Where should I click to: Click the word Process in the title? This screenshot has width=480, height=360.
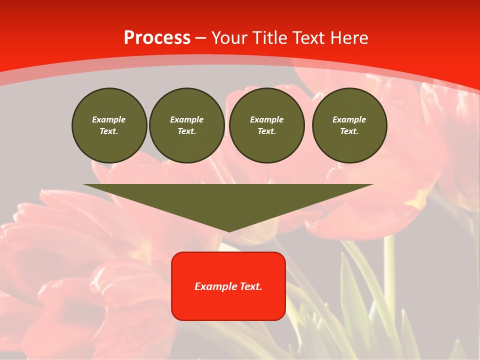pyautogui.click(x=157, y=38)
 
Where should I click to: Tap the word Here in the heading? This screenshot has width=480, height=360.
pyautogui.click(x=349, y=38)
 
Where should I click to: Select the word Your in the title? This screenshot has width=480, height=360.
pyautogui.click(x=229, y=38)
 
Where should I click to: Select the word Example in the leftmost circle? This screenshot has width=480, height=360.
pyautogui.click(x=109, y=119)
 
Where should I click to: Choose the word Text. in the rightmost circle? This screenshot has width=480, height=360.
pyautogui.click(x=349, y=131)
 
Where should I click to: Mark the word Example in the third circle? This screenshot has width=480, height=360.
pyautogui.click(x=266, y=119)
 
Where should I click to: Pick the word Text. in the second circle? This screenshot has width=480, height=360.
pyautogui.click(x=186, y=131)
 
